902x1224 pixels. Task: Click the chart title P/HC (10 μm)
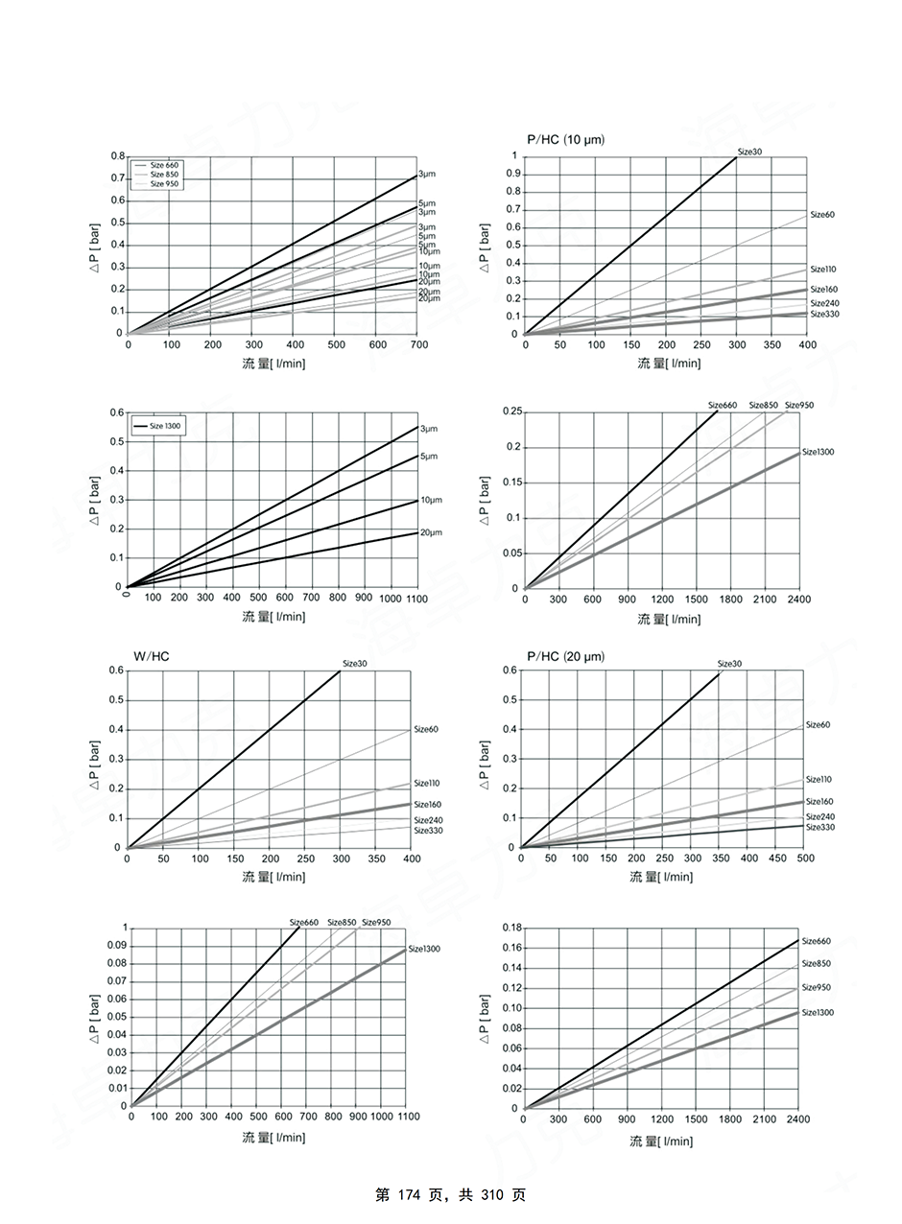(565, 140)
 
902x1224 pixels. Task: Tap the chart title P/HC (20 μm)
(565, 657)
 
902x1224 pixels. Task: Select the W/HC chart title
(151, 657)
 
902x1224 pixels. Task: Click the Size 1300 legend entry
(164, 425)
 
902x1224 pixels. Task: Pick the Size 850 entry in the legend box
(164, 174)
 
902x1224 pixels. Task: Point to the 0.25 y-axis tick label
(510, 412)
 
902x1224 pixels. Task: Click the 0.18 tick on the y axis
(510, 928)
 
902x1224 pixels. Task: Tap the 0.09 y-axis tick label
(115, 945)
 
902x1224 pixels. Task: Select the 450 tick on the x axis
(776, 859)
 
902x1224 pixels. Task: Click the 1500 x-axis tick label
(696, 1119)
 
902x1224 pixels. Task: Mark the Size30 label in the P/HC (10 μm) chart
(749, 152)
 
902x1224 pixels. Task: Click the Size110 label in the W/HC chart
(427, 784)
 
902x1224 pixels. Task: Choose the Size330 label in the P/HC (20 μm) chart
(819, 827)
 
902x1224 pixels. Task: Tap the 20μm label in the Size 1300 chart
(431, 532)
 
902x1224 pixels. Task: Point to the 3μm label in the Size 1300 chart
(427, 428)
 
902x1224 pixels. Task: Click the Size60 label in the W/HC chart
(426, 730)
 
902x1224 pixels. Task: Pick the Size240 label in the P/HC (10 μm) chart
(824, 303)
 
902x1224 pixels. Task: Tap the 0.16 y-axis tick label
(510, 948)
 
